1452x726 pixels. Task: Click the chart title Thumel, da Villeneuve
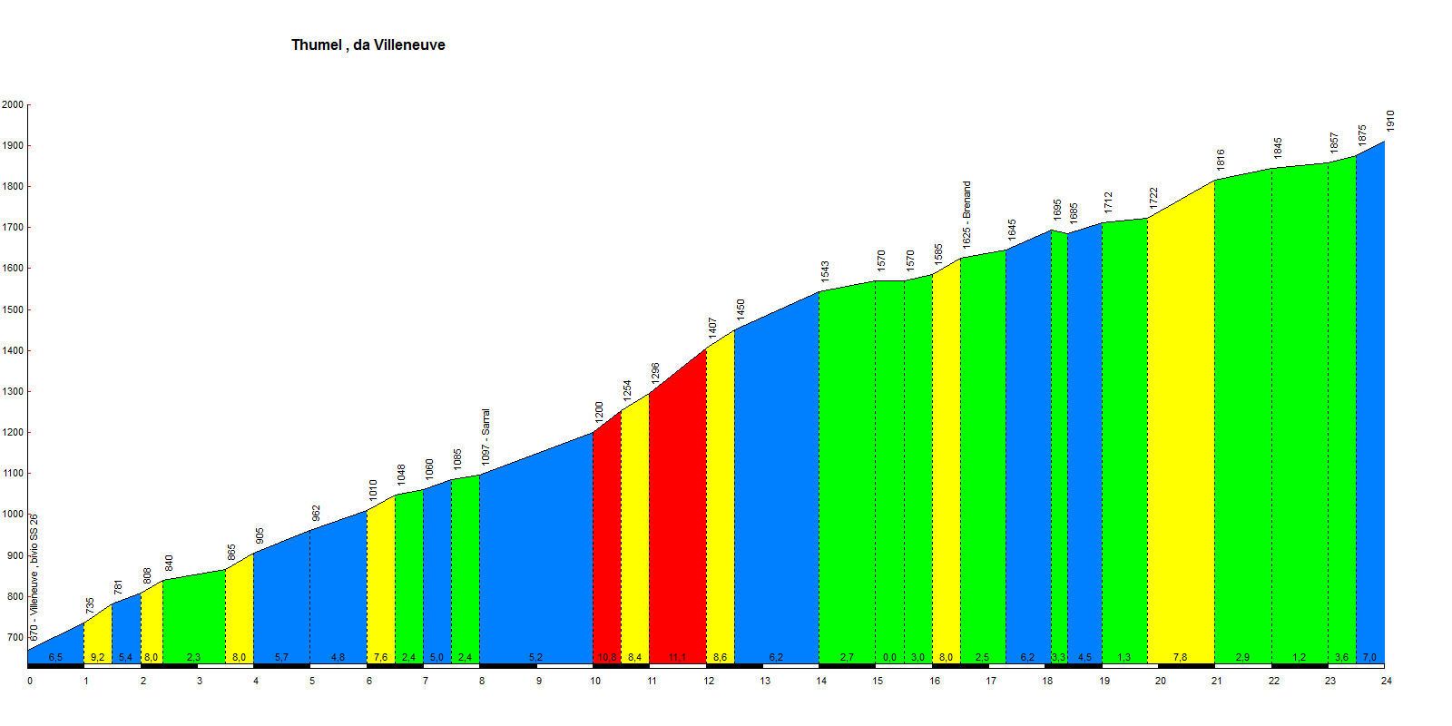click(368, 44)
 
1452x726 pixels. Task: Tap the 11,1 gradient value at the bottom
click(677, 657)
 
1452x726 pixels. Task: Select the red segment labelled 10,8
click(606, 544)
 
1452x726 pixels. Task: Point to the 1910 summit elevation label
click(1390, 120)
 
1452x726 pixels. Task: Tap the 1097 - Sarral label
click(486, 437)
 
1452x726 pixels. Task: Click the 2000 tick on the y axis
click(13, 105)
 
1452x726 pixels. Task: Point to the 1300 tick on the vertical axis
click(13, 392)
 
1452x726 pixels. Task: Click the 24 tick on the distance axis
click(1386, 680)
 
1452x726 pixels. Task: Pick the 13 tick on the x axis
click(765, 680)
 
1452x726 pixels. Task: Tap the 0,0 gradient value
click(889, 657)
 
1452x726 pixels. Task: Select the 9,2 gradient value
click(98, 657)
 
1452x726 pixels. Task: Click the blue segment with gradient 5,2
click(535, 563)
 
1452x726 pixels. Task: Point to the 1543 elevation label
click(825, 271)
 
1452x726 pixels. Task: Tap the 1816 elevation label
click(1221, 159)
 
